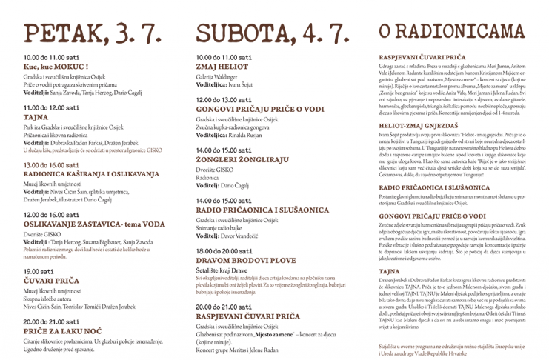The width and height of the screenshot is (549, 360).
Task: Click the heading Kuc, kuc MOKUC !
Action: coord(56,67)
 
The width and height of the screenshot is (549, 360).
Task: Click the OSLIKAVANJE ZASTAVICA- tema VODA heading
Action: coord(94,223)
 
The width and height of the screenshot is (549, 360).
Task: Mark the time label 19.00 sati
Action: coord(41,271)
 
